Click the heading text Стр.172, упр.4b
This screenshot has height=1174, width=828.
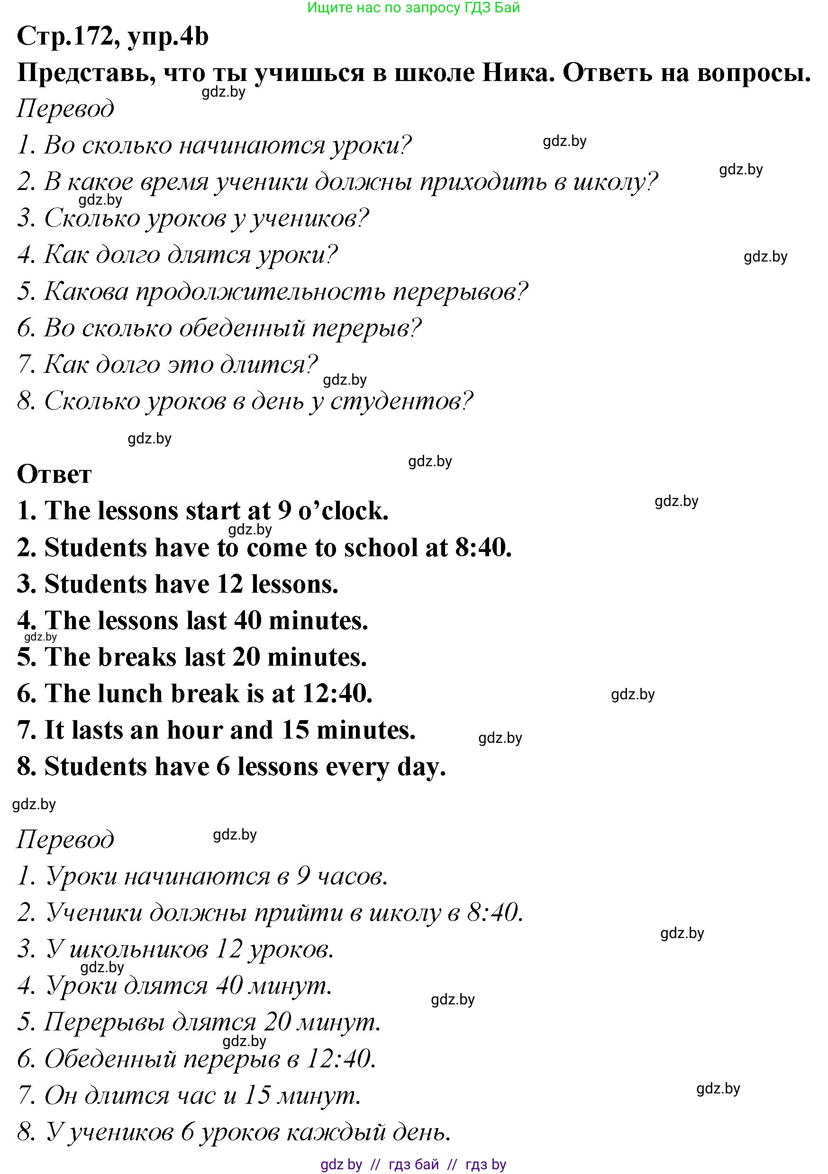click(112, 37)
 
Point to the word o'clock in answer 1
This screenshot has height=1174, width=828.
click(343, 511)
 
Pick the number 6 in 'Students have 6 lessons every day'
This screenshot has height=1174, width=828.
click(223, 767)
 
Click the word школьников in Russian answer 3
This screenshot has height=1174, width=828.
click(138, 949)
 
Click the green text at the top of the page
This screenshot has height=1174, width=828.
click(413, 7)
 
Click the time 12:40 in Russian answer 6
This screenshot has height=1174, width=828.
click(340, 1059)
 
